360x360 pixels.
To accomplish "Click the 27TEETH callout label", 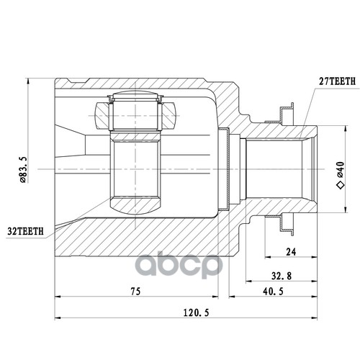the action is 337,81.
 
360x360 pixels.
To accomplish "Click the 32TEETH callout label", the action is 26,231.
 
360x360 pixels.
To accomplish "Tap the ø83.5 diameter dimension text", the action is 23,169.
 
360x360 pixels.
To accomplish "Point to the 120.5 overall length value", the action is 197,312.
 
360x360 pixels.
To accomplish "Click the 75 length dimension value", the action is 135,291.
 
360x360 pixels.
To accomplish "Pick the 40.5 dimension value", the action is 273,292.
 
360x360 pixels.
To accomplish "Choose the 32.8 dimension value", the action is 282,276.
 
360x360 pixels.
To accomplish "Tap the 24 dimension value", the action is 291,252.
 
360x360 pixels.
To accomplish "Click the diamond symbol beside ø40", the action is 341,185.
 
